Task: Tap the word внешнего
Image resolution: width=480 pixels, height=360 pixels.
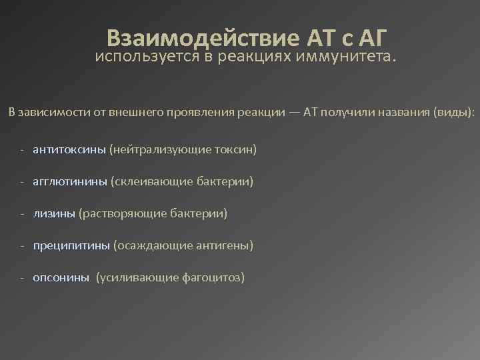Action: pyautogui.click(x=134, y=111)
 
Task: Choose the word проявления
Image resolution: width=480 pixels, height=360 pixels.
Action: pyautogui.click(x=195, y=111)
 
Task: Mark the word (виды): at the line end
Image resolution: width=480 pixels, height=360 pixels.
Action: pyautogui.click(x=454, y=111)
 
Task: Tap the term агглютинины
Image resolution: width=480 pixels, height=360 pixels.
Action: pyautogui.click(x=69, y=181)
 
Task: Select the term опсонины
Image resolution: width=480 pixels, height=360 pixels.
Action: pyautogui.click(x=61, y=278)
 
